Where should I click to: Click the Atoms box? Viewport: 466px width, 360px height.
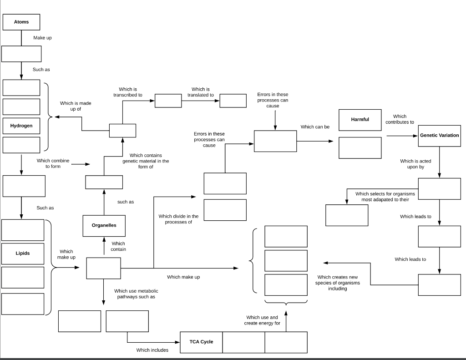(21, 22)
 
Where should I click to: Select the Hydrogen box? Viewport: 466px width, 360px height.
(21, 126)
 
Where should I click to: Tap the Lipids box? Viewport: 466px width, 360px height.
(23, 253)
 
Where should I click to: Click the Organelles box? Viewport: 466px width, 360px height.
(104, 226)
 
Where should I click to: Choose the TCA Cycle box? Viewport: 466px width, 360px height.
(201, 342)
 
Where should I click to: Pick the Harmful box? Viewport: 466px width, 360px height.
(360, 120)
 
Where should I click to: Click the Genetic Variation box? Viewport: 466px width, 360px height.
(439, 136)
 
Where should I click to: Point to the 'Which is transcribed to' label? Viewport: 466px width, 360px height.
(128, 92)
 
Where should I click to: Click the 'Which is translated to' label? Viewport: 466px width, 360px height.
(201, 92)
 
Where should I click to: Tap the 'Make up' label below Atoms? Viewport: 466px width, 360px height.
(42, 38)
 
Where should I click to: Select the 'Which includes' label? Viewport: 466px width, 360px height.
(152, 350)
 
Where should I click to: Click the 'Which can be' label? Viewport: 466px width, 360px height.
(315, 127)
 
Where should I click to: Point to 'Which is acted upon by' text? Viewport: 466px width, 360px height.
(415, 164)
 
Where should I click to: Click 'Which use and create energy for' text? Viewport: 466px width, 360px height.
(262, 320)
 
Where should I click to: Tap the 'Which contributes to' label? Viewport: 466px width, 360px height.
(400, 119)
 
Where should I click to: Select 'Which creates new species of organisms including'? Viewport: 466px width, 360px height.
(338, 283)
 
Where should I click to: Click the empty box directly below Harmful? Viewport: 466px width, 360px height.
(360, 148)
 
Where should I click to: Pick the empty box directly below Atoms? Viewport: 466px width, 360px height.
(21, 54)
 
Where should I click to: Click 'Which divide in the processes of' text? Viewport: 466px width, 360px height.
(178, 219)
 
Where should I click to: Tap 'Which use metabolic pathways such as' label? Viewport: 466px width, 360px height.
(136, 294)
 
